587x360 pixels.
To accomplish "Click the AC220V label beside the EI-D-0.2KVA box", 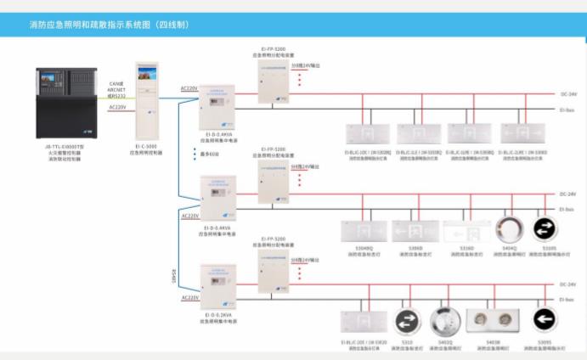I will coord(190,298).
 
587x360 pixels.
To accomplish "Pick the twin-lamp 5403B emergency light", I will coord(493,321).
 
